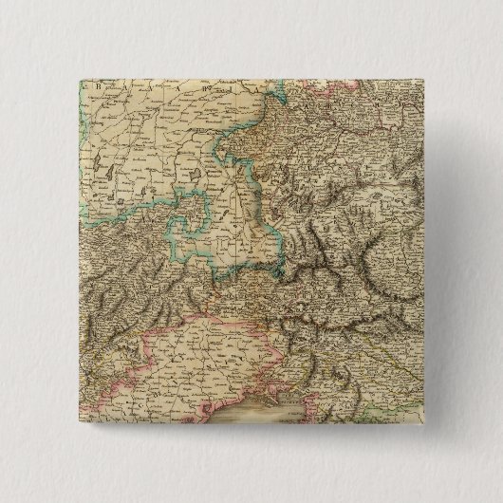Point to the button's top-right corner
[x=433, y=73]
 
